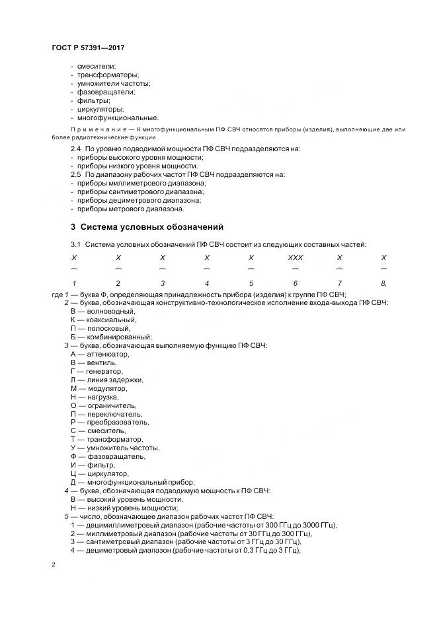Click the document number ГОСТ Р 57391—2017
point(88,48)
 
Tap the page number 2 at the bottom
point(53,565)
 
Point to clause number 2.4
point(76,149)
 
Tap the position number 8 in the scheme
point(383,283)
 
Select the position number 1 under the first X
point(73,283)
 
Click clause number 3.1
point(76,245)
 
